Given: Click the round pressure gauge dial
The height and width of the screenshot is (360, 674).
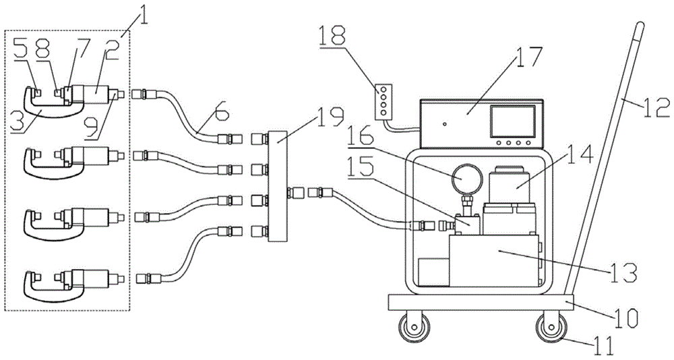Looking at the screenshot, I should pos(465,178).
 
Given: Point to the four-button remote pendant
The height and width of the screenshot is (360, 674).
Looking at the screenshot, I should pos(384,100).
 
